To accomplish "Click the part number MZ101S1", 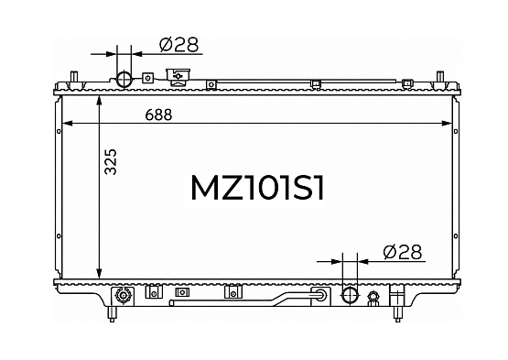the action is click(257, 188).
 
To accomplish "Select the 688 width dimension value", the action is click(158, 115).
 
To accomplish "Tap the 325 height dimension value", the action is click(111, 162).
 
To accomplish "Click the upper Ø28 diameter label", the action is click(178, 45).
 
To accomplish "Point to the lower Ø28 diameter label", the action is click(403, 252).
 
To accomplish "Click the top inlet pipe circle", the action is click(124, 79).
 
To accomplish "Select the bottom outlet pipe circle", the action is click(350, 295).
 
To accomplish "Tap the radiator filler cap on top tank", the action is click(178, 77).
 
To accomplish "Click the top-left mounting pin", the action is click(74, 78).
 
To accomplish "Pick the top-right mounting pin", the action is click(439, 78).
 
